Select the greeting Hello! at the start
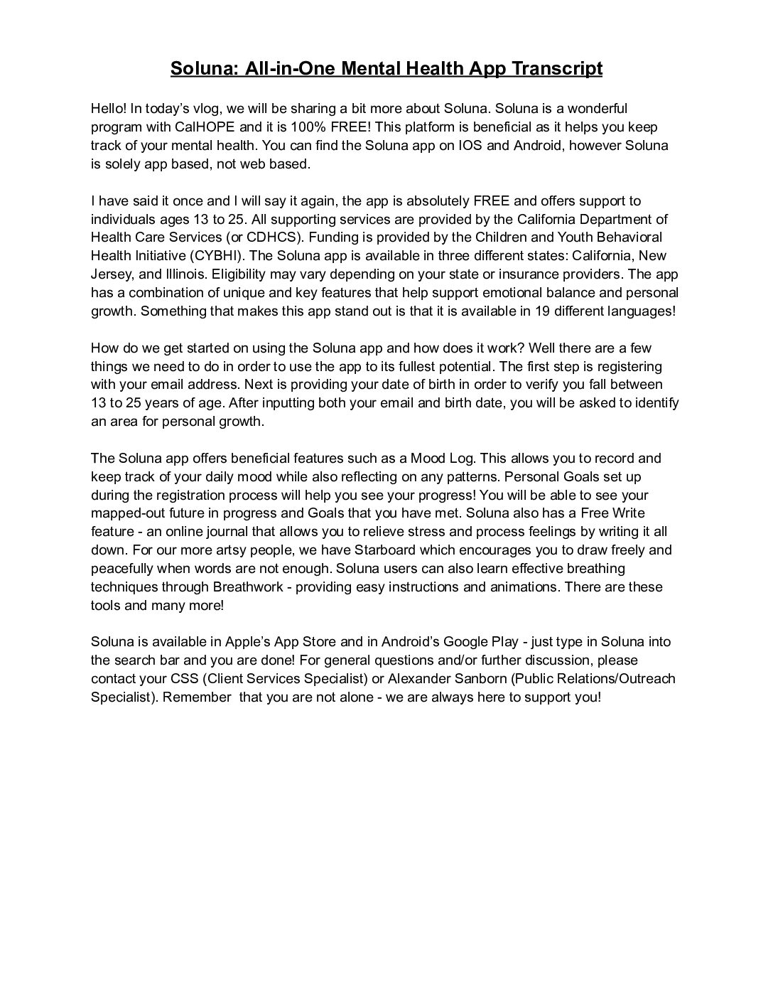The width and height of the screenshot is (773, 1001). coord(109,109)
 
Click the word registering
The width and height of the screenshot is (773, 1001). coord(629,366)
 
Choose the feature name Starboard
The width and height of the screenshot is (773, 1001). coord(385,550)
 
